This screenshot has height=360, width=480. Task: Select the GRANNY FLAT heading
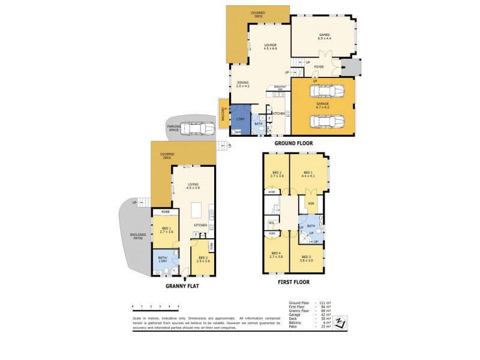(182, 286)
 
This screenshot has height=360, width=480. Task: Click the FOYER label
(319, 67)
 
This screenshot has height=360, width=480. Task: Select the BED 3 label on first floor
(307, 256)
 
